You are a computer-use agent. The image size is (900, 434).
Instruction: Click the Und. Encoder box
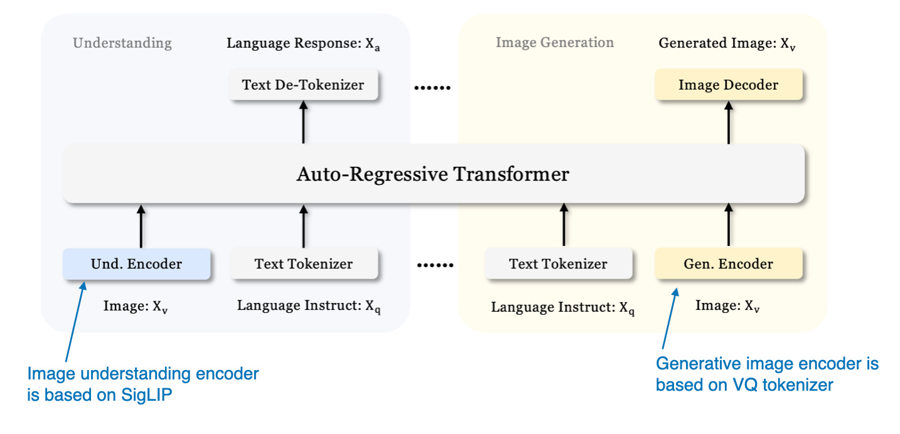pos(136,263)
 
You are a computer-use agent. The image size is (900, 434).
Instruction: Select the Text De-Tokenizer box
pos(304,85)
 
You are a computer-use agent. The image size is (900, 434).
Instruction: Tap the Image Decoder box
pos(728,85)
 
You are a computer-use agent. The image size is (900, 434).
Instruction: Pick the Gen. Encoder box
pos(728,263)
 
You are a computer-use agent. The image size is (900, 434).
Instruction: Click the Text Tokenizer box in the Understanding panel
pos(304,263)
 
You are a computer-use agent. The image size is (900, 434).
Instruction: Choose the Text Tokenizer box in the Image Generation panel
pos(558,263)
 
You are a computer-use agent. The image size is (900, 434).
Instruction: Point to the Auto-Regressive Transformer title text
pos(433,174)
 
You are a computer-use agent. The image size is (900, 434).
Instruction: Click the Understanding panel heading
pos(122,43)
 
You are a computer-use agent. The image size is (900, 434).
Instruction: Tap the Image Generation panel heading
pos(555,43)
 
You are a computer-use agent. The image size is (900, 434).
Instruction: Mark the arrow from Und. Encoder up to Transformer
pos(141,226)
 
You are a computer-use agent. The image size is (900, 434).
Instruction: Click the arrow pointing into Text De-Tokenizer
pos(304,122)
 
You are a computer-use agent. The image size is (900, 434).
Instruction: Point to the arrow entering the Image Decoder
pos(729,122)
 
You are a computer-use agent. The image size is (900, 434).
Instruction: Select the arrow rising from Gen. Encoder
pos(729,226)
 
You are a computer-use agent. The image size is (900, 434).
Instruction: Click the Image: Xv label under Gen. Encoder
pos(728,306)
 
